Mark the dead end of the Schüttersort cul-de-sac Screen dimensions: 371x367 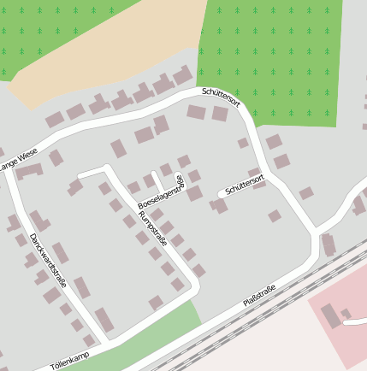point(221,195)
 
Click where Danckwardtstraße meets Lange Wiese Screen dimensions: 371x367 point(11,174)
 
